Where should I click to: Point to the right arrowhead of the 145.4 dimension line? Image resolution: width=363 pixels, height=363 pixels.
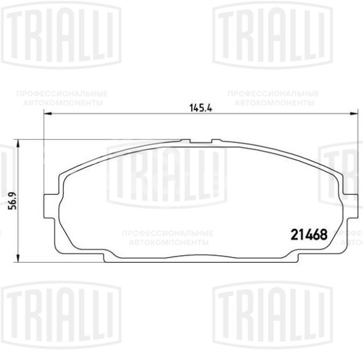354,115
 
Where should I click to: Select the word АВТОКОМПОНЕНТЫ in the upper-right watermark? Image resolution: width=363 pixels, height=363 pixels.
274,102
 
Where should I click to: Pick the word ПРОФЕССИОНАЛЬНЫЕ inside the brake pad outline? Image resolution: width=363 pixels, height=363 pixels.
168,234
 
